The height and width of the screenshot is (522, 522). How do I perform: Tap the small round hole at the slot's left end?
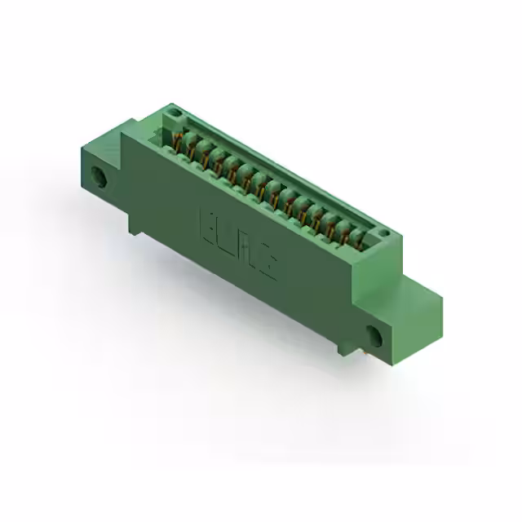(173, 111)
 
